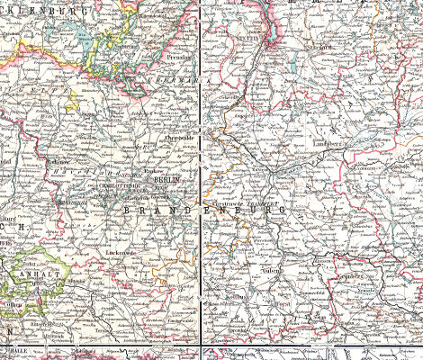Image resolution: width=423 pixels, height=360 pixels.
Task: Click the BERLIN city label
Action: pyautogui.click(x=166, y=180)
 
